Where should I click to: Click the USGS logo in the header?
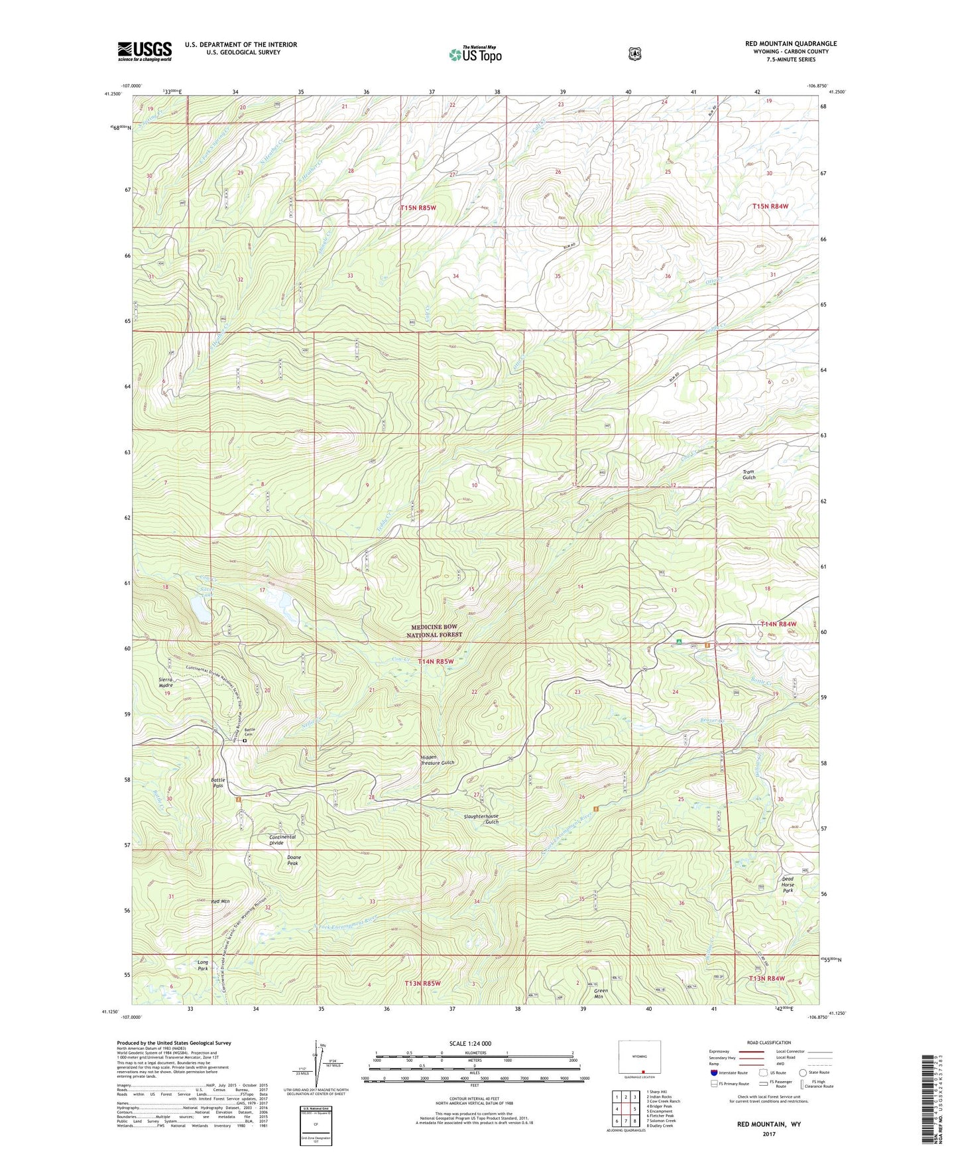[145, 50]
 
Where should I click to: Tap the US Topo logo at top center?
[474, 54]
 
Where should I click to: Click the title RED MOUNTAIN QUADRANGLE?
[790, 44]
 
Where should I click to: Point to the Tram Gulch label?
[748, 474]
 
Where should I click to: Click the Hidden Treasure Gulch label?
[438, 759]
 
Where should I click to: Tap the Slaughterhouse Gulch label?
[481, 819]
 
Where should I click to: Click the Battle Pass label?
[218, 783]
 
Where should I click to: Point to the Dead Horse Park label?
[787, 885]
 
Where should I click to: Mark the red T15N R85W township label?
[418, 208]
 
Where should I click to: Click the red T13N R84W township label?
[766, 978]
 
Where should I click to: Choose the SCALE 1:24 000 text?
[470, 1043]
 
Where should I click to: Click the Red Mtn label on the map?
[220, 902]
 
